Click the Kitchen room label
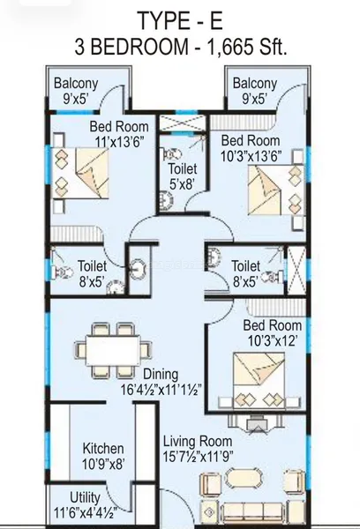point(103,449)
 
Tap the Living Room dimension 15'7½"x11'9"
point(198,457)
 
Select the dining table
point(113,351)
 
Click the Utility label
point(85,497)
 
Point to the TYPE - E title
point(180,21)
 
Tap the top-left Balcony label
point(76,83)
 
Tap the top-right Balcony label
point(255,83)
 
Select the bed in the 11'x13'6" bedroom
point(80,173)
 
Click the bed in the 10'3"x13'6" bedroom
point(276,190)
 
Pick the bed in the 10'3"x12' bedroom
point(259,380)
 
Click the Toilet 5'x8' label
point(183,176)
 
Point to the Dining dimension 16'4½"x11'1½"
point(161,390)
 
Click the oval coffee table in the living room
point(244,478)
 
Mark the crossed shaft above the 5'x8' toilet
point(182,123)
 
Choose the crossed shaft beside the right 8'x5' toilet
point(296,271)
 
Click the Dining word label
point(161,374)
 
